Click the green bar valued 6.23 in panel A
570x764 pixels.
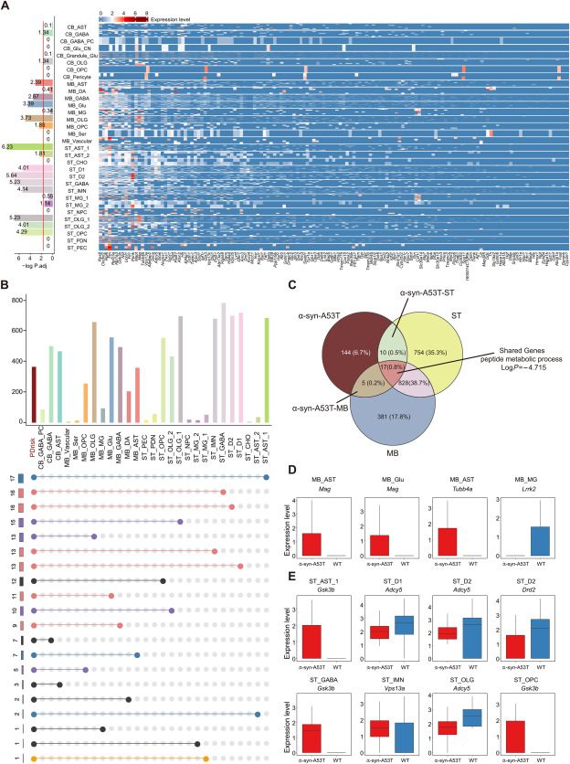click(x=18, y=146)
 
